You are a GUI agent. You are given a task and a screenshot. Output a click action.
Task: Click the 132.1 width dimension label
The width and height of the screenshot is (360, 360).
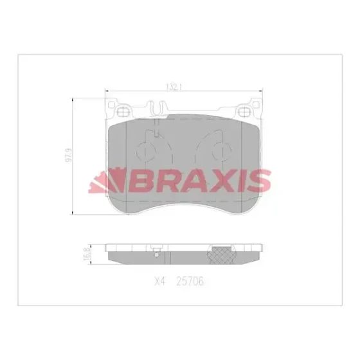pyautogui.click(x=174, y=87)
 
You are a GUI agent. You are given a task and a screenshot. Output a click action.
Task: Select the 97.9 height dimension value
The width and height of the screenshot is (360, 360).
pyautogui.click(x=69, y=156)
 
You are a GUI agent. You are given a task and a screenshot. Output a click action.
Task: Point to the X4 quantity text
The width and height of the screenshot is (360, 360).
pyautogui.click(x=160, y=282)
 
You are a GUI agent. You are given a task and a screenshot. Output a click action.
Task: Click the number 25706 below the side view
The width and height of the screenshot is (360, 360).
pyautogui.click(x=190, y=282)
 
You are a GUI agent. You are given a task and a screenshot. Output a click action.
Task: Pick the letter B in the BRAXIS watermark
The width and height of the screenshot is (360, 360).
pyautogui.click(x=138, y=181)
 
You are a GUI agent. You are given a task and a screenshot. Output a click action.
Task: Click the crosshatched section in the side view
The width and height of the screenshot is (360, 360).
pyautogui.click(x=222, y=255)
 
